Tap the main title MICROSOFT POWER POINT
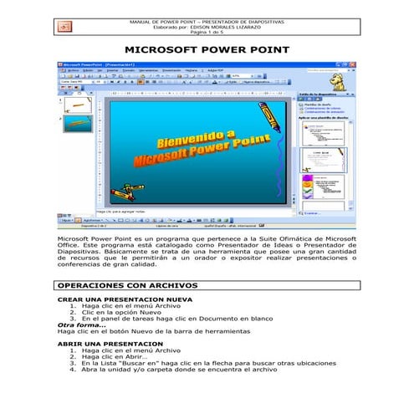(207, 50)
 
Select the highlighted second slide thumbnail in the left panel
(72, 125)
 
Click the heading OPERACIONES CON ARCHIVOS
(127, 285)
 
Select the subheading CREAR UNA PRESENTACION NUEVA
(125, 299)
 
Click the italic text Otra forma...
(81, 325)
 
